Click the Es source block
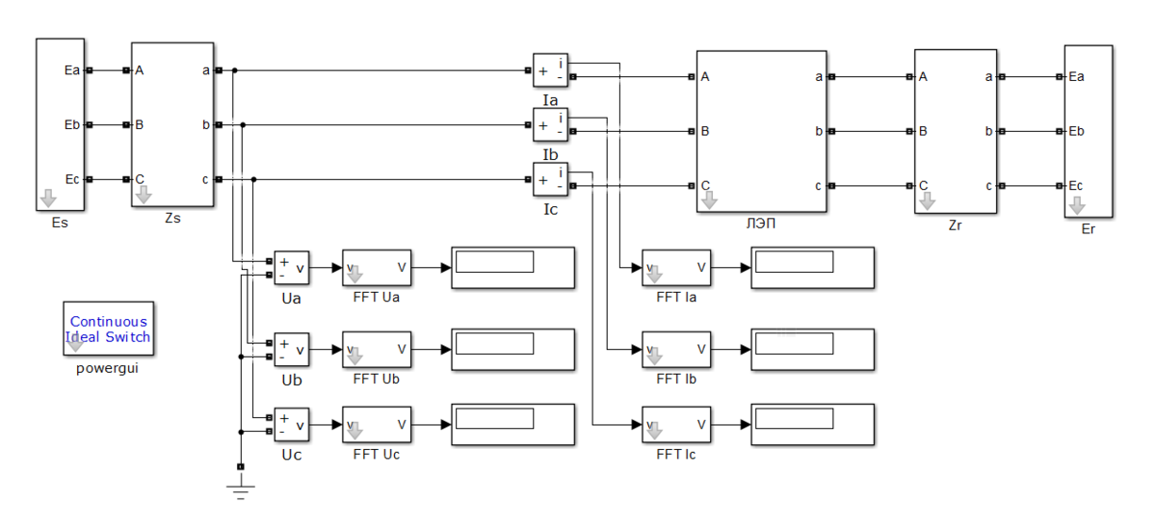point(60,125)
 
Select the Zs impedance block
point(172,124)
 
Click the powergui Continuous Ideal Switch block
point(109,329)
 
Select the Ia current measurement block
point(550,70)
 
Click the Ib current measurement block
point(550,125)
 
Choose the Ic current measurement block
point(550,179)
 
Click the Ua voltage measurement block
point(292,268)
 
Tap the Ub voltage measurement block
point(292,350)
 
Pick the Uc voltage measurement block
point(292,424)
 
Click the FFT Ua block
point(377,268)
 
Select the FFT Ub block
point(377,350)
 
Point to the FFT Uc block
point(377,424)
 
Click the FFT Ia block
point(677,268)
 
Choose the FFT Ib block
point(677,350)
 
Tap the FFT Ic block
point(677,424)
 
